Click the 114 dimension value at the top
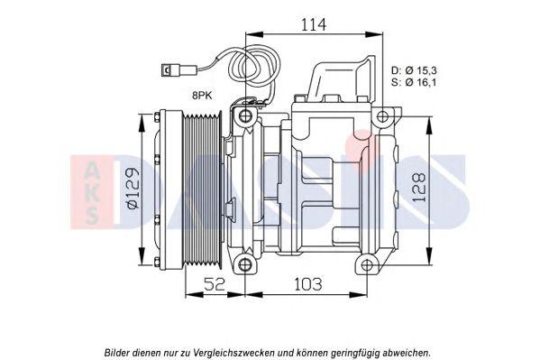(314, 24)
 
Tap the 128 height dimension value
(419, 188)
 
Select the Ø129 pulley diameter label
(133, 189)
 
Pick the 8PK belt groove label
(202, 96)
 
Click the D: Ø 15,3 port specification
(414, 70)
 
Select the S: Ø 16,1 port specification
(414, 82)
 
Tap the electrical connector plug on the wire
(169, 71)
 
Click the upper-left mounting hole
(245, 115)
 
